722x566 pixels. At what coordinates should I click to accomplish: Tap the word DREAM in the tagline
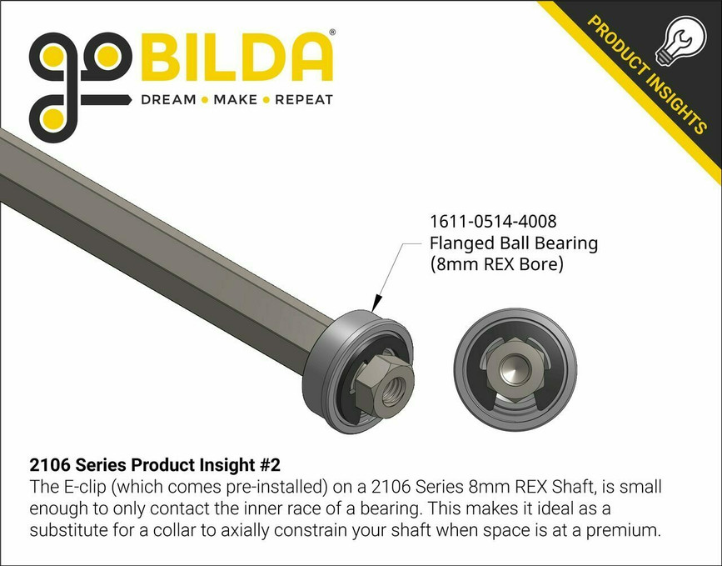pos(167,100)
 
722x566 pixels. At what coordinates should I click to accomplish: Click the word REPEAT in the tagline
pos(303,100)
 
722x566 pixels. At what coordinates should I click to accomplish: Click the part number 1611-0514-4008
pos(492,223)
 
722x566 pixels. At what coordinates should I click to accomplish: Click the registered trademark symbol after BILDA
pos(333,33)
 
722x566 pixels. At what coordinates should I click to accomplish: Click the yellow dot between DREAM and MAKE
pos(205,100)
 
